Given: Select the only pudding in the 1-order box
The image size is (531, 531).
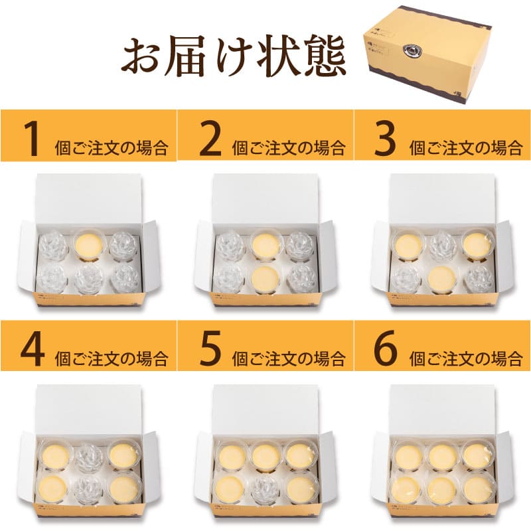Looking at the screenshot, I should (x=89, y=245).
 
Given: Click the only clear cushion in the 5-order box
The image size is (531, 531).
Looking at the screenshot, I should (x=265, y=488).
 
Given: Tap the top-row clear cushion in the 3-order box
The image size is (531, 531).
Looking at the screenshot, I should (x=442, y=245).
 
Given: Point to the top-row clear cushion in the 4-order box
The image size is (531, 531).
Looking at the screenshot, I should (x=89, y=457).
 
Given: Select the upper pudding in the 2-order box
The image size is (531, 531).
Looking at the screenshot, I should (x=265, y=245).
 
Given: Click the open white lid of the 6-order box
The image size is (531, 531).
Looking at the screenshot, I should (x=442, y=409).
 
